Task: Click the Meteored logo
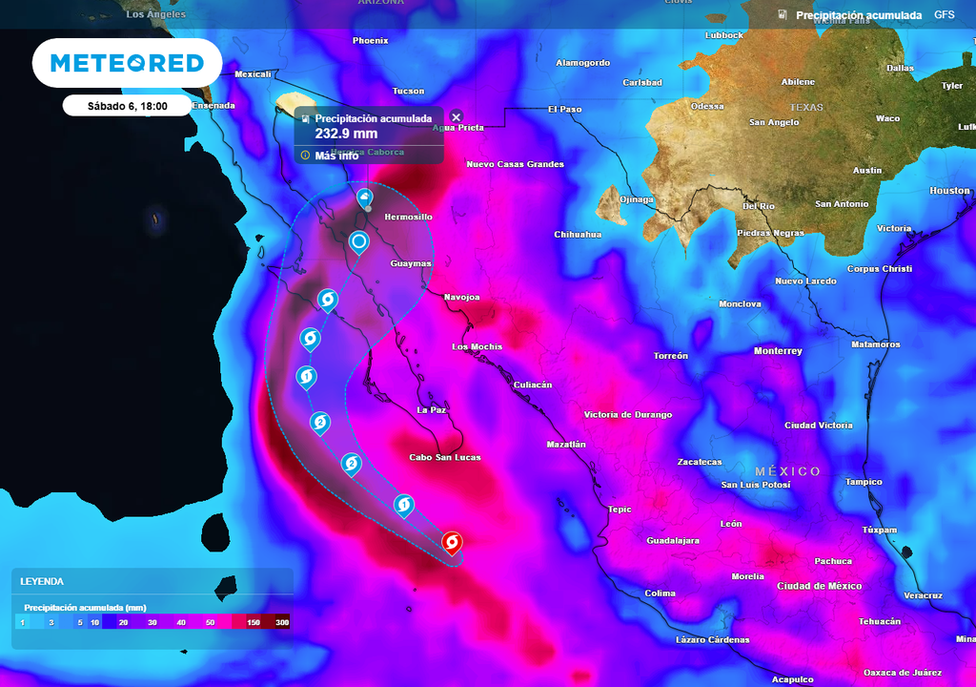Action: coord(127,63)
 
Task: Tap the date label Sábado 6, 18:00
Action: coord(127,106)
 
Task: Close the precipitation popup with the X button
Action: coord(456,117)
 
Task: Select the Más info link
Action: coord(335,155)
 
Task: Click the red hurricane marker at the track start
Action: coord(452,543)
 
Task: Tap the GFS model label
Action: coord(944,15)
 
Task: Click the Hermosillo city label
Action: coord(408,218)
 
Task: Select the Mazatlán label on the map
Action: coord(566,445)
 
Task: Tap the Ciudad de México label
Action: coord(819,586)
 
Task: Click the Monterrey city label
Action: coord(778,351)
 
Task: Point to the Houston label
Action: coord(949,191)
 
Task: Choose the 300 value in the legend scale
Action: coord(282,622)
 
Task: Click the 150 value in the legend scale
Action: coord(254,622)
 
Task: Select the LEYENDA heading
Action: coord(42,581)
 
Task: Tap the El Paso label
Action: coord(564,110)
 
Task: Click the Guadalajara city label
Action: coord(673,540)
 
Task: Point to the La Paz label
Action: coord(432,409)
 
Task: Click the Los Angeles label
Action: coord(156,15)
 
